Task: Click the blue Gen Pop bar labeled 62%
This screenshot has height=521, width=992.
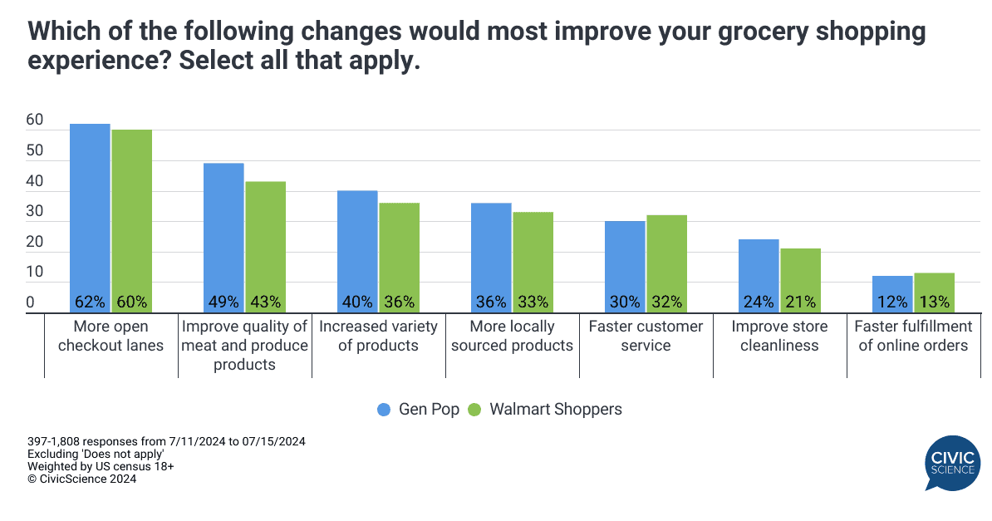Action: (x=90, y=216)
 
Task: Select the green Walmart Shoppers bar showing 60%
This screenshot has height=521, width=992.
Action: (x=131, y=220)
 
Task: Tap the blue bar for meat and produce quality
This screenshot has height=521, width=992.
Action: (x=223, y=237)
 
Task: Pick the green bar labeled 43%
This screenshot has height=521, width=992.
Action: (x=265, y=245)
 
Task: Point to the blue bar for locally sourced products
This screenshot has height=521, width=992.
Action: (x=491, y=256)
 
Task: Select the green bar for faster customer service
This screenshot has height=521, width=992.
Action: (x=666, y=262)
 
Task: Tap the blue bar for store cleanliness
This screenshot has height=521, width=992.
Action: (x=759, y=274)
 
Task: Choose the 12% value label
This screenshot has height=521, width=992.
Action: (x=892, y=302)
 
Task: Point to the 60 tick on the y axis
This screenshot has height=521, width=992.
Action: (x=34, y=120)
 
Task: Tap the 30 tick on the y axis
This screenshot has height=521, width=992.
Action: (x=34, y=212)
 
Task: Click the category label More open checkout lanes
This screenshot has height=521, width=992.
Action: (x=110, y=336)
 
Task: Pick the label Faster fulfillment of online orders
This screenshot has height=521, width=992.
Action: (x=913, y=336)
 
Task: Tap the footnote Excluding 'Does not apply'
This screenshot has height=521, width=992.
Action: (x=95, y=455)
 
